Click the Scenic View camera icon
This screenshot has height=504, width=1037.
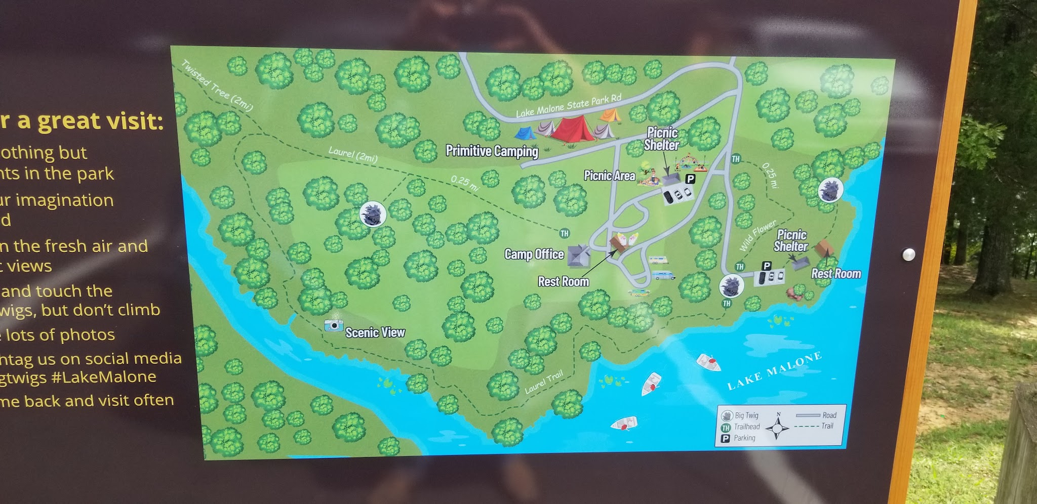[333, 325]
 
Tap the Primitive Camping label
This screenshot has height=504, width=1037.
[492, 151]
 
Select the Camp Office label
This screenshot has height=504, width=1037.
[534, 254]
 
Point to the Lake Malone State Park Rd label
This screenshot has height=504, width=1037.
[569, 106]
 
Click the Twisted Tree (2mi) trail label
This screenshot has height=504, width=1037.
[217, 85]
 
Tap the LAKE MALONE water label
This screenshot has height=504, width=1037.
[774, 370]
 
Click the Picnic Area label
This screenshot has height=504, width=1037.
[609, 176]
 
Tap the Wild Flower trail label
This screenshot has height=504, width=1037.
[757, 235]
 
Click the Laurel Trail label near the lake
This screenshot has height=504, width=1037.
[544, 382]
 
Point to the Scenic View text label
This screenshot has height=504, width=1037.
[375, 332]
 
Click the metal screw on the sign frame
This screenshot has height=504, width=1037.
[909, 254]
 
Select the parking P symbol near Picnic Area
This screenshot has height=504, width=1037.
[690, 179]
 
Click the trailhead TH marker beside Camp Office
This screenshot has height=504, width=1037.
[564, 233]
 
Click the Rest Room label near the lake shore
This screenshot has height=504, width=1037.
[836, 274]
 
